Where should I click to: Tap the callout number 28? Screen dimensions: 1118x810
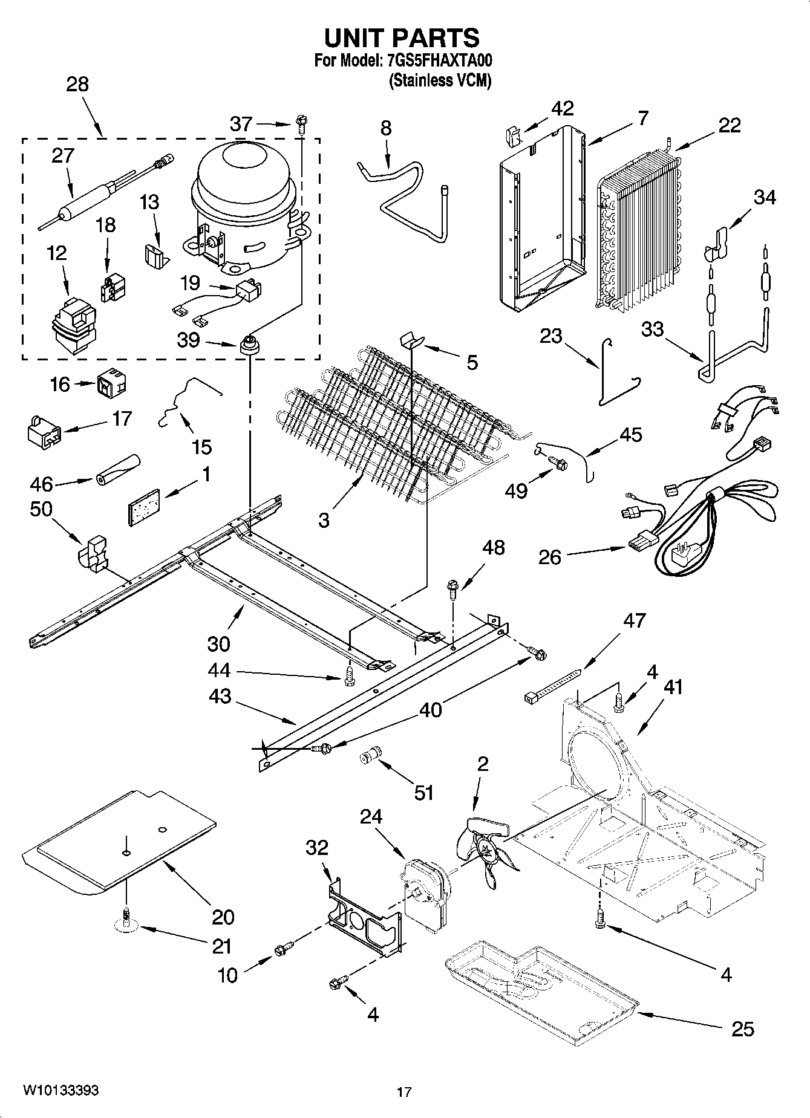click(x=77, y=84)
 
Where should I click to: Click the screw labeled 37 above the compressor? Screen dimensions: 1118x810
click(x=301, y=125)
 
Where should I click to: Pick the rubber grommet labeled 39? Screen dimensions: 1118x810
click(x=248, y=346)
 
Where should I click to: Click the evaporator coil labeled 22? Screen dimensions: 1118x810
click(x=638, y=230)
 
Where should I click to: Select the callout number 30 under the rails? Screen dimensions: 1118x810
click(x=218, y=643)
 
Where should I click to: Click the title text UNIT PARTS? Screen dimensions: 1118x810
click(x=402, y=38)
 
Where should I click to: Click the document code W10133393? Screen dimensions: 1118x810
click(x=61, y=1090)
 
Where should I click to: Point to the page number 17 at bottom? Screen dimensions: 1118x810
click(x=404, y=1092)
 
